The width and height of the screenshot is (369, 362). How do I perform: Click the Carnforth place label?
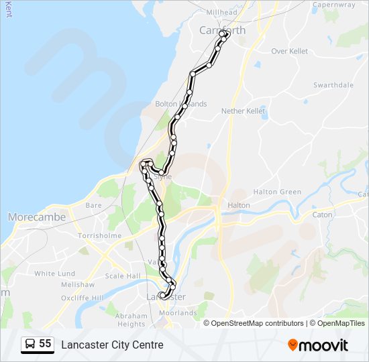tap(223, 30)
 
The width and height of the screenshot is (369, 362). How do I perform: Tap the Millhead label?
tap(222, 12)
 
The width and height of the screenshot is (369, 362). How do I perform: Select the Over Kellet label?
tap(289, 51)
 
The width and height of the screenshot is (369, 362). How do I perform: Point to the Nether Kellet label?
tap(244, 111)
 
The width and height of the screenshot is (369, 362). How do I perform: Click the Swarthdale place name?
tap(333, 85)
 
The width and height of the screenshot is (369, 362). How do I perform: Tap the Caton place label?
tap(322, 215)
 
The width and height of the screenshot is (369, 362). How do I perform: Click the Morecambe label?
tap(37, 217)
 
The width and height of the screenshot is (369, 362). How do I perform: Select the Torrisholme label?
tap(99, 236)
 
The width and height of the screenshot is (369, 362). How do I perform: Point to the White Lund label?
tap(54, 274)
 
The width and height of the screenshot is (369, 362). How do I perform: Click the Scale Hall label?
tap(123, 276)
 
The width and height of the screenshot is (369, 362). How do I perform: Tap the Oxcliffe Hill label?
tap(83, 298)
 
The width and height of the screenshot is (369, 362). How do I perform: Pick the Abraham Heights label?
tap(131, 320)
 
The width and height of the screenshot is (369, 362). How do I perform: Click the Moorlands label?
tap(179, 312)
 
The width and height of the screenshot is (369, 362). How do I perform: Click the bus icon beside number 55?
tap(30, 345)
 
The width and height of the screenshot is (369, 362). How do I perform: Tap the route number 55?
tap(45, 344)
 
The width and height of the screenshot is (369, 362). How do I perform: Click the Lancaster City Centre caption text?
tap(112, 345)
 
